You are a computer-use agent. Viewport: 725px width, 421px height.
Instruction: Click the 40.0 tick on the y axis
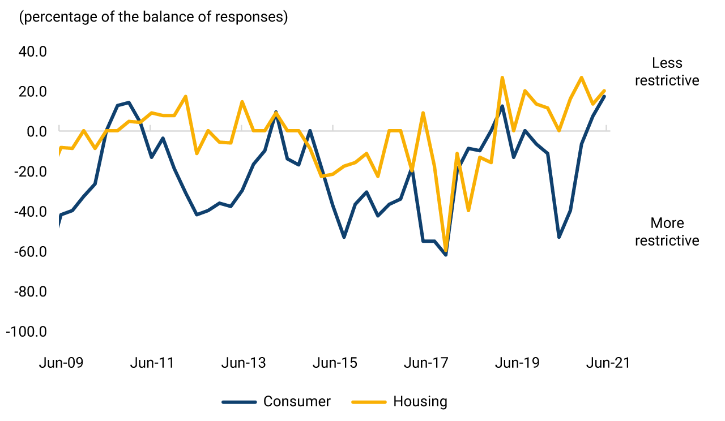coord(33,52)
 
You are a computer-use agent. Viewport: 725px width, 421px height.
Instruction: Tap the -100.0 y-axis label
coord(26,332)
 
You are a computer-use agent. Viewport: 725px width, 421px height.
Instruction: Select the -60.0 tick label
coord(30,252)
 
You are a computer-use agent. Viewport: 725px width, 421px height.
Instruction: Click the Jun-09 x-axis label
coord(61,363)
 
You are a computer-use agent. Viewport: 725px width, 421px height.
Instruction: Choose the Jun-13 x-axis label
coord(243,363)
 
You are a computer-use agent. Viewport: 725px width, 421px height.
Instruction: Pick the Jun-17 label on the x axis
coord(425,363)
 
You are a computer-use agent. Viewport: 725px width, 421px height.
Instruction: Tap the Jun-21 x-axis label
coord(608,363)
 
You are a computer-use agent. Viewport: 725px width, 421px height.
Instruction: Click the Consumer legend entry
coord(297,402)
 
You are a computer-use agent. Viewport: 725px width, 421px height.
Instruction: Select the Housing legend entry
coord(420,402)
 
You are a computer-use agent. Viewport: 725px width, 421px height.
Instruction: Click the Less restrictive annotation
coord(667,72)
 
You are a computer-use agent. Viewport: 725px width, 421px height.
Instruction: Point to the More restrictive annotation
coord(667,232)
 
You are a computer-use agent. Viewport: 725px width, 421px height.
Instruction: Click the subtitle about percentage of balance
coord(153,17)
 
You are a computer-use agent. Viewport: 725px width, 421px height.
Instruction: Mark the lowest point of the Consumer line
coord(446,255)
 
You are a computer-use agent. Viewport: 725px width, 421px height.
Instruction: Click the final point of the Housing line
coord(604,91)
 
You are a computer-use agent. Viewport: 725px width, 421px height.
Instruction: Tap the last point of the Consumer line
coord(604,96)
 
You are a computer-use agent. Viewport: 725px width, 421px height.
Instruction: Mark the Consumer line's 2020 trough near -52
coord(559,237)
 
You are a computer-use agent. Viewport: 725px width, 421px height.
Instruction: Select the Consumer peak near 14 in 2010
coord(129,102)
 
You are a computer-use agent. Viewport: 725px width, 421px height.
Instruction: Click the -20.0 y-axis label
coord(30,171)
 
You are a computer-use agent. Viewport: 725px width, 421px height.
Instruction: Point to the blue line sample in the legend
coord(238,402)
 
